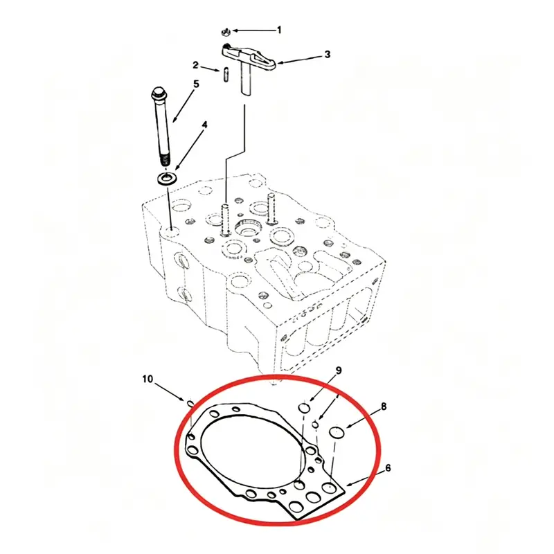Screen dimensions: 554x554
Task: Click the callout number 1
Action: click(x=279, y=30)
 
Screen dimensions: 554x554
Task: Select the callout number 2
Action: click(x=196, y=65)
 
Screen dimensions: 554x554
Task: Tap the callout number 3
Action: click(x=328, y=55)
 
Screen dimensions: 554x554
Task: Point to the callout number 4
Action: click(x=204, y=125)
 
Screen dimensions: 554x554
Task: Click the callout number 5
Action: click(x=196, y=84)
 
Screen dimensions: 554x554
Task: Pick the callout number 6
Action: click(x=388, y=468)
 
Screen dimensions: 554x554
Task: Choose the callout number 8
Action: click(x=384, y=406)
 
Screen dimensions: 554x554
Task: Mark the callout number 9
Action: click(x=339, y=370)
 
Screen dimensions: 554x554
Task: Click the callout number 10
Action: click(x=148, y=379)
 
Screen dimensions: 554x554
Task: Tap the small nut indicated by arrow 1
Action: click(x=226, y=33)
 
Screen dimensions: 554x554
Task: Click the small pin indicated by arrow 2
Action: click(x=226, y=75)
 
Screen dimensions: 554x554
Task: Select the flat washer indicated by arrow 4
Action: click(x=167, y=178)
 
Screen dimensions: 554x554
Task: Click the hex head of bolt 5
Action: click(x=158, y=95)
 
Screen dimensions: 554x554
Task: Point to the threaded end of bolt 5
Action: click(x=165, y=160)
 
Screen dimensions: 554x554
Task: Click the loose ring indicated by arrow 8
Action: click(x=337, y=432)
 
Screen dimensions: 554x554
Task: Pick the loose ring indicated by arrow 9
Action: click(x=304, y=408)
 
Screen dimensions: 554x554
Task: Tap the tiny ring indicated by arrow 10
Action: click(x=190, y=403)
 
